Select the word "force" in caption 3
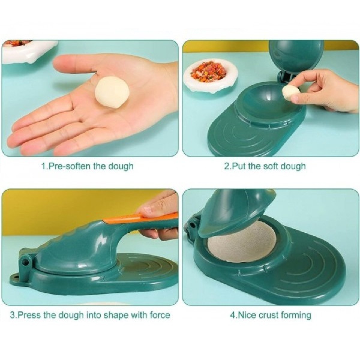point(160,315)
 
